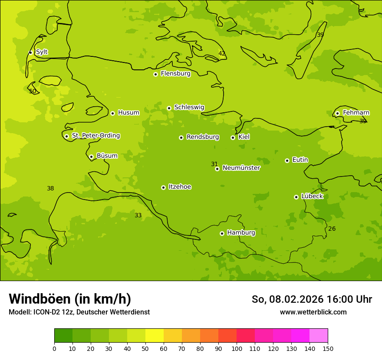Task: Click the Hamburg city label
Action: (x=241, y=232)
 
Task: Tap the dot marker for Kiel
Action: (x=233, y=137)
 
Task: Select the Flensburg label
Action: (x=175, y=74)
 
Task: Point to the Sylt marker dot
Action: (x=30, y=52)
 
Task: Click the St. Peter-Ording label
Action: (x=95, y=136)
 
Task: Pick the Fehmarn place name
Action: (x=356, y=113)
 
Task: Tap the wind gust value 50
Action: (x=33, y=92)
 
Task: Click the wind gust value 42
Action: (x=222, y=54)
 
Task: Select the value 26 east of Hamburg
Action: (x=332, y=229)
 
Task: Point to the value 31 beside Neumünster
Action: (x=214, y=164)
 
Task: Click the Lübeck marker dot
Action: (x=296, y=197)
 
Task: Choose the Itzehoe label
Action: (x=180, y=187)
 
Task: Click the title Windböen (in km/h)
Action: (x=70, y=299)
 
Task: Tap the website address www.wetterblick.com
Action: (x=313, y=312)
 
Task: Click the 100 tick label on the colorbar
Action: (x=237, y=348)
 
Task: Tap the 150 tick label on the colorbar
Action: (x=328, y=348)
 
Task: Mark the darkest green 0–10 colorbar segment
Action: (x=63, y=336)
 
